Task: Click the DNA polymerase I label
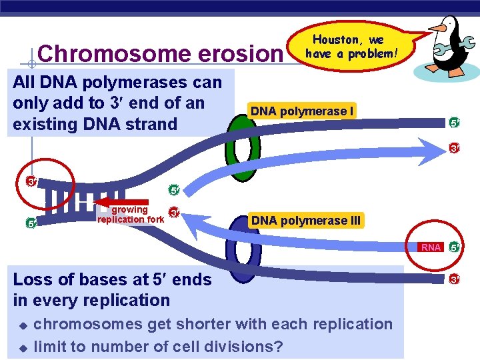coord(301,111)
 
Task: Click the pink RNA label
coord(431,247)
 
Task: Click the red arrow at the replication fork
coord(121,201)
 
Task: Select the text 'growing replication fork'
coord(130,215)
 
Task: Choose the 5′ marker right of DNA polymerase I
coord(453,122)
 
